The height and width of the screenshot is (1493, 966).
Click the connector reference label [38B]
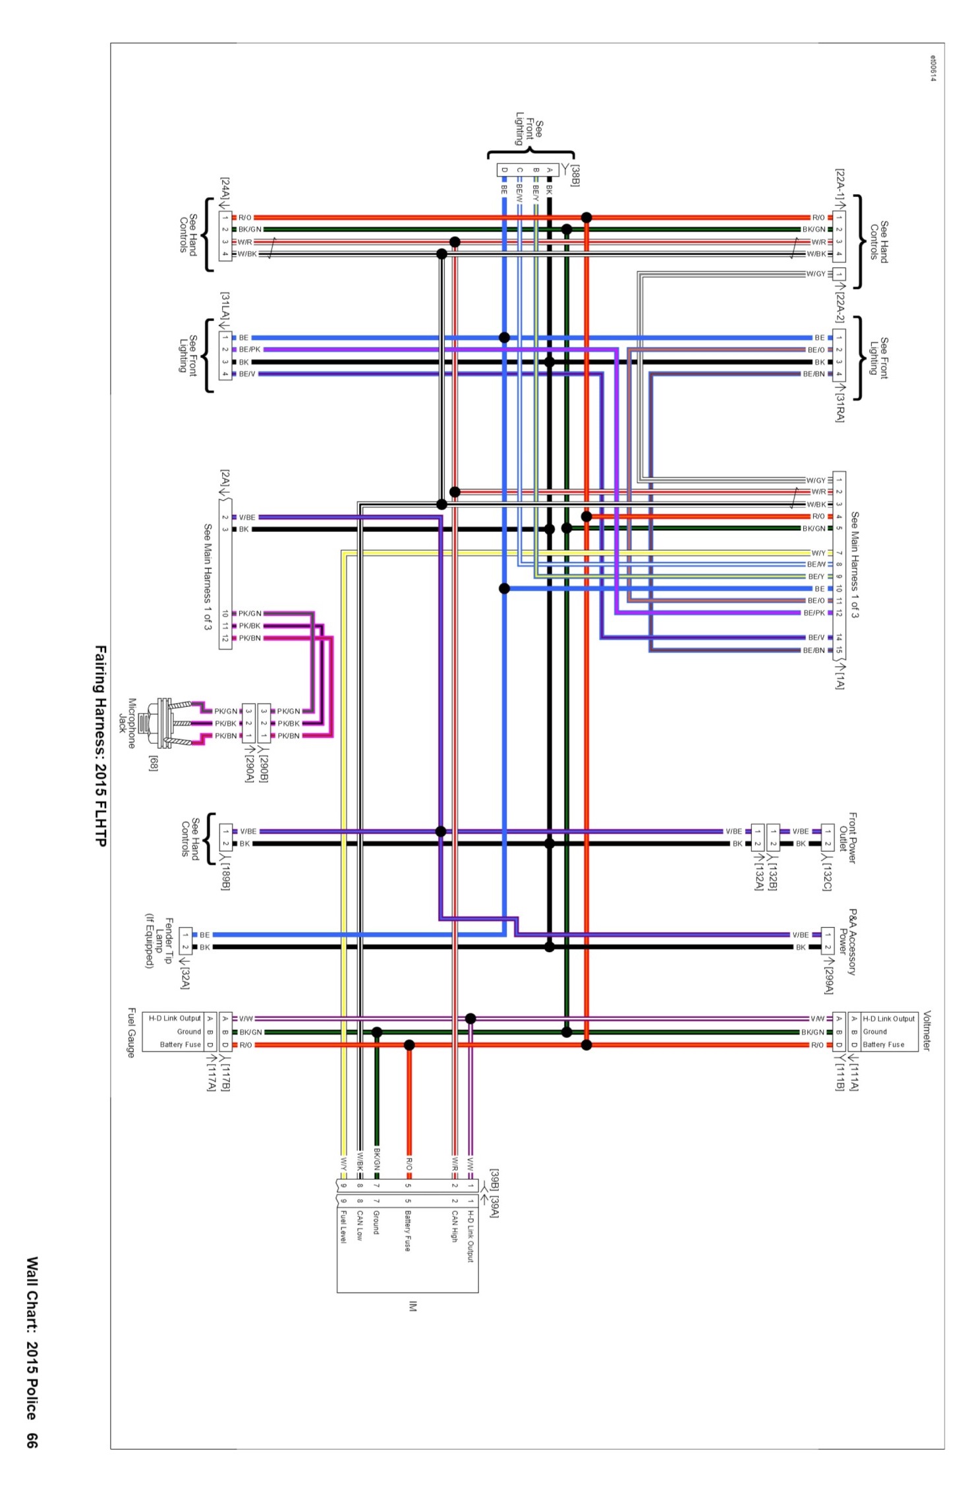pyautogui.click(x=575, y=175)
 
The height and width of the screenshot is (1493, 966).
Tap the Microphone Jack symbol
pyautogui.click(x=171, y=723)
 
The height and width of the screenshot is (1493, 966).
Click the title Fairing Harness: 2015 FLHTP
pyautogui.click(x=100, y=745)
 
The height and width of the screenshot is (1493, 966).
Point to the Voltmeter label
pyautogui.click(x=926, y=1030)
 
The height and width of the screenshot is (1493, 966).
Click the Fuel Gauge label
pyautogui.click(x=131, y=1032)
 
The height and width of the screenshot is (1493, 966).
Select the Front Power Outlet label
pyautogui.click(x=847, y=837)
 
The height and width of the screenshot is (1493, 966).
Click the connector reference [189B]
pyautogui.click(x=225, y=875)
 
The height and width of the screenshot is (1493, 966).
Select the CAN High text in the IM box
pyautogui.click(x=454, y=1225)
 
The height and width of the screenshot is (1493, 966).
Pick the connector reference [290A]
pyautogui.click(x=249, y=768)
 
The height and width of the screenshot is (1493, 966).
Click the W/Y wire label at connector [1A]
pyautogui.click(x=818, y=553)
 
